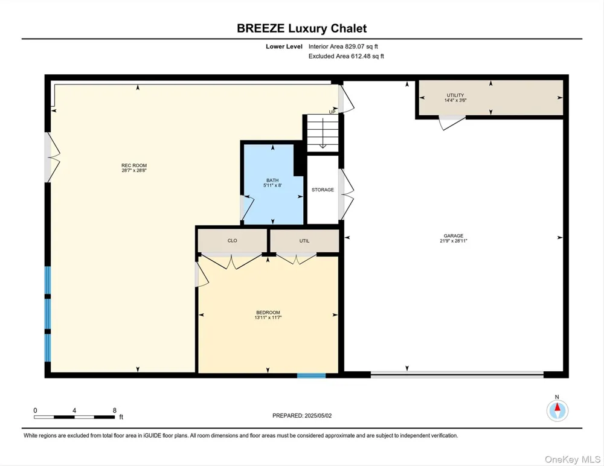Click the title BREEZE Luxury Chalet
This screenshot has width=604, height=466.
point(301,28)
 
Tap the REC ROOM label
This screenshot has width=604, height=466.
point(134,165)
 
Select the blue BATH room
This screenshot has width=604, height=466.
point(273,184)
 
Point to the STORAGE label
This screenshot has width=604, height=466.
point(323,190)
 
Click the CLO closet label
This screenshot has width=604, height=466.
point(233,241)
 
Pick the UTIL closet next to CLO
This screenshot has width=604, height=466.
point(304,241)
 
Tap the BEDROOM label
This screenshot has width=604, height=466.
point(268,312)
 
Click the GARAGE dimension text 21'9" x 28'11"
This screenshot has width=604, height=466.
point(454,241)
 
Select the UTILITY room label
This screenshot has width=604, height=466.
point(455,95)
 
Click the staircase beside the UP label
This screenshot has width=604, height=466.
point(323,133)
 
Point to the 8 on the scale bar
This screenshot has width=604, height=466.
point(114,410)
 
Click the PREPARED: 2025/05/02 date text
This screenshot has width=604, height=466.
point(302,416)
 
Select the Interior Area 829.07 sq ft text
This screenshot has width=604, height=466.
point(343,46)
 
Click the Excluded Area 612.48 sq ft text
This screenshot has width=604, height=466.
point(346,56)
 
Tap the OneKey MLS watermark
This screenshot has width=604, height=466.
point(573,459)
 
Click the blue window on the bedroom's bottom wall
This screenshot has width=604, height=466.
point(311,375)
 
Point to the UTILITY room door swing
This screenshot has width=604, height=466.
point(452,123)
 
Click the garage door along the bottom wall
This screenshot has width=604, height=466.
point(457,374)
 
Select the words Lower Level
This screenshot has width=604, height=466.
point(284,46)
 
